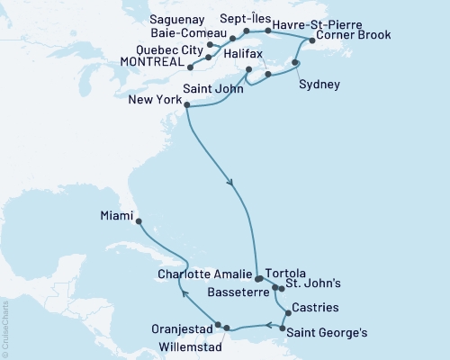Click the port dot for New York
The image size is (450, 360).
[x=187, y=106]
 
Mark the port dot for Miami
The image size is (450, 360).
[x=138, y=218]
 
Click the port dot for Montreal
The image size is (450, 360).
[x=190, y=65]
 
